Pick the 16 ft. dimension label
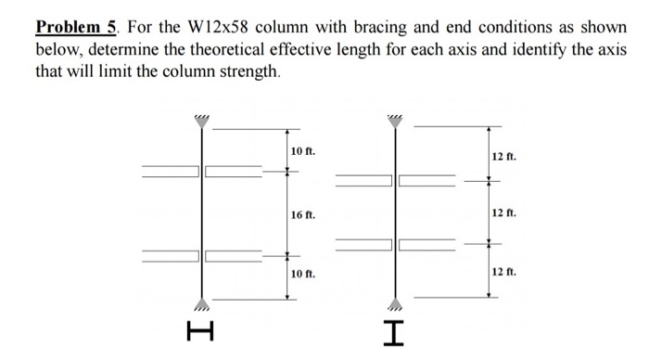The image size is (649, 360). pyautogui.click(x=303, y=214)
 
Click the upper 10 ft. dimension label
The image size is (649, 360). pyautogui.click(x=303, y=150)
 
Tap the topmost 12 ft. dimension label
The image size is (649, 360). pyautogui.click(x=504, y=157)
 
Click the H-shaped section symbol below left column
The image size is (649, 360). pyautogui.click(x=201, y=329)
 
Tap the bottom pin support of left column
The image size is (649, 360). pyautogui.click(x=201, y=303)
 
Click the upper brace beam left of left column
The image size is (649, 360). pyautogui.click(x=170, y=171)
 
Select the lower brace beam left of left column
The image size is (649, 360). pyautogui.click(x=170, y=255)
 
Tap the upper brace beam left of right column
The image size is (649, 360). pyautogui.click(x=363, y=180)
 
